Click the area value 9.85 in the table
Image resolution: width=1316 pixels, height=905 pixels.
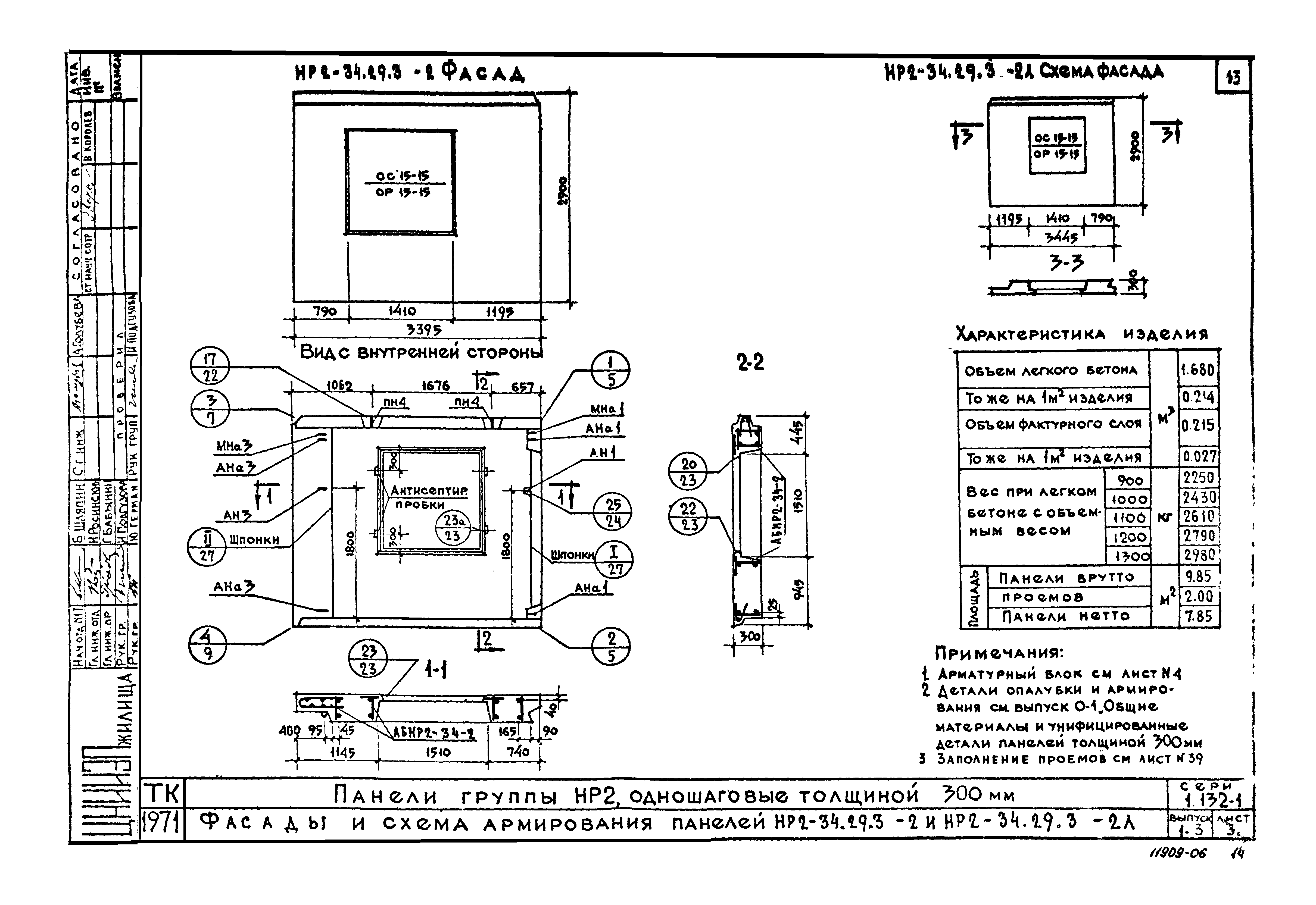[x=1198, y=577]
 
